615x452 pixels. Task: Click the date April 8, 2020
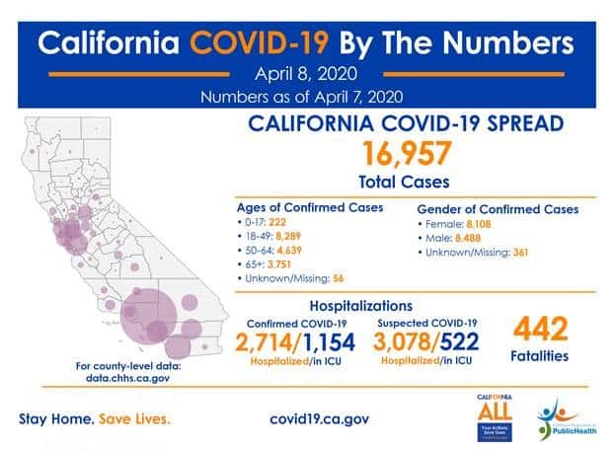tap(306, 74)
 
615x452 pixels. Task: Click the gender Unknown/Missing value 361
tap(524, 252)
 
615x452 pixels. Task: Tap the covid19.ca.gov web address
tap(319, 418)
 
